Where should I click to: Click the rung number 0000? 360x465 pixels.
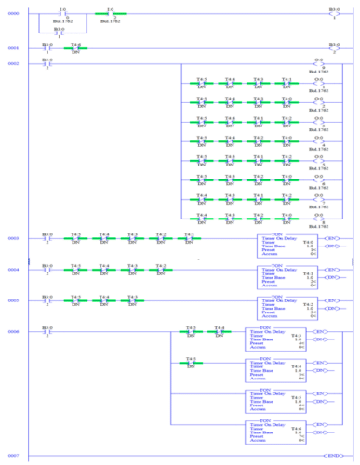[13, 14]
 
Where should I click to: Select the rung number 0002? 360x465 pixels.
[13, 63]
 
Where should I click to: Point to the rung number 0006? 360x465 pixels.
[13, 331]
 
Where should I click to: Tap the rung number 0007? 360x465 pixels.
[13, 454]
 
